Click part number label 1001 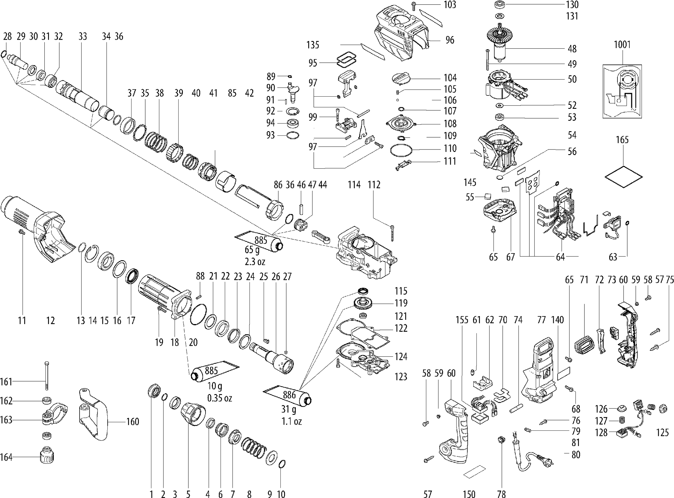(x=622, y=45)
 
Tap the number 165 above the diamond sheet (x=622, y=140)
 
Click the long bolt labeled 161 (x=46, y=376)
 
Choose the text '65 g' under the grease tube (x=252, y=250)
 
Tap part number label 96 (x=450, y=40)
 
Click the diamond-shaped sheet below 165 (x=624, y=177)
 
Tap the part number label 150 (x=469, y=494)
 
